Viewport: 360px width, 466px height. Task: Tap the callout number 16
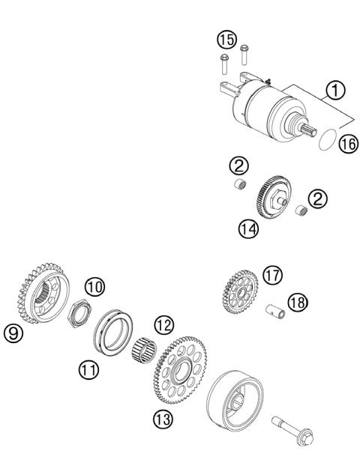pyautogui.click(x=346, y=145)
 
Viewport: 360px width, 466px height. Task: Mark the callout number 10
pyautogui.click(x=94, y=286)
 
